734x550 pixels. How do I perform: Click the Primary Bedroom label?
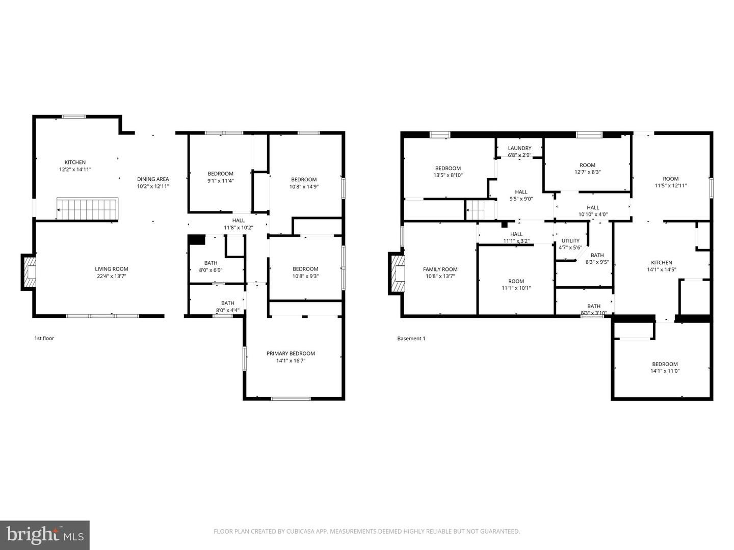(291, 353)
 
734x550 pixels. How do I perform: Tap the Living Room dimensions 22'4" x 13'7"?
(111, 276)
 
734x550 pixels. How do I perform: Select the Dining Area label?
(153, 179)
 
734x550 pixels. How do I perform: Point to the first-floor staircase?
(87, 209)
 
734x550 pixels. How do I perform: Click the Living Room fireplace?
(29, 272)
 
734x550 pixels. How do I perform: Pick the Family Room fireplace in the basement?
(397, 273)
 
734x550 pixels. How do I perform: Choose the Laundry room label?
(519, 148)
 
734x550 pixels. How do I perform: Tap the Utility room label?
(570, 240)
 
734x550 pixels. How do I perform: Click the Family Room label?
(440, 269)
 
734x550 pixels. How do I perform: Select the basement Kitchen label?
(662, 262)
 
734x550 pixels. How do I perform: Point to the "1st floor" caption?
(44, 338)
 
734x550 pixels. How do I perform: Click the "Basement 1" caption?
(411, 338)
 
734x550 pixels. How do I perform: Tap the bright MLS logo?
(45, 535)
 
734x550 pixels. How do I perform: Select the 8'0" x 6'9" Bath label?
(211, 263)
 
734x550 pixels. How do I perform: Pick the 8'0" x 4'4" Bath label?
(227, 303)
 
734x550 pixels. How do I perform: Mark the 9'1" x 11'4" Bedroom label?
(220, 173)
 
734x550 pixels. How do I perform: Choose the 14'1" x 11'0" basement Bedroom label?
(665, 364)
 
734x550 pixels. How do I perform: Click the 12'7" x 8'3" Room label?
(587, 165)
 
